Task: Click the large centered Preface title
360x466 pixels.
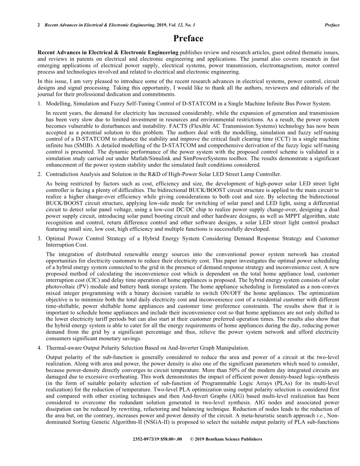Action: pos(180,38)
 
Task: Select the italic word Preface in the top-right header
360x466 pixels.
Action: pos(332,25)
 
